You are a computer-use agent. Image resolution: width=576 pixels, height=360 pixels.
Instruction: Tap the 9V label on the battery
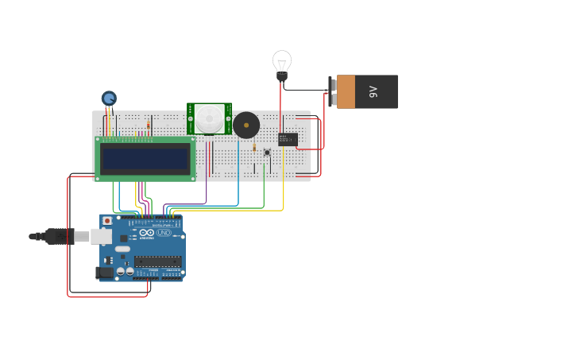click(x=373, y=91)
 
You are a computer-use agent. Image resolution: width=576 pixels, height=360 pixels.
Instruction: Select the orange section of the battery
click(x=346, y=91)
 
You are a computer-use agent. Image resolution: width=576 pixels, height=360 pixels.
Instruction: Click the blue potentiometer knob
click(x=109, y=98)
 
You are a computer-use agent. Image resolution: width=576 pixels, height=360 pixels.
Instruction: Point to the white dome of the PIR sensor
click(x=210, y=119)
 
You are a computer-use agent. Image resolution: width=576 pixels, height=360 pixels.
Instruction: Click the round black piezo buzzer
click(x=246, y=125)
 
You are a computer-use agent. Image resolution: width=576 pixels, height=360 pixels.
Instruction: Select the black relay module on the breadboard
click(x=287, y=139)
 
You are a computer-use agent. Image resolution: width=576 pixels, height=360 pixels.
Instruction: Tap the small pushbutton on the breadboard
click(x=267, y=153)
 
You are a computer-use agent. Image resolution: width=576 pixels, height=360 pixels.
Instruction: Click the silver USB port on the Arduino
click(x=101, y=236)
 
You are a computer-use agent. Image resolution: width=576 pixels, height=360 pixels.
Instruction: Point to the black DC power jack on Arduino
click(x=103, y=273)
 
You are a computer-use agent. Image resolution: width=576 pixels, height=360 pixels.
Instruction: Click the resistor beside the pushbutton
click(x=254, y=147)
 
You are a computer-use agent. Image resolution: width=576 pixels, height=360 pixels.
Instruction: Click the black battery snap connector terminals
click(x=332, y=91)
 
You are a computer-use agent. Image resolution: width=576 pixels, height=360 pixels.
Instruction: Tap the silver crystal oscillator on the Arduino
click(x=122, y=249)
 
